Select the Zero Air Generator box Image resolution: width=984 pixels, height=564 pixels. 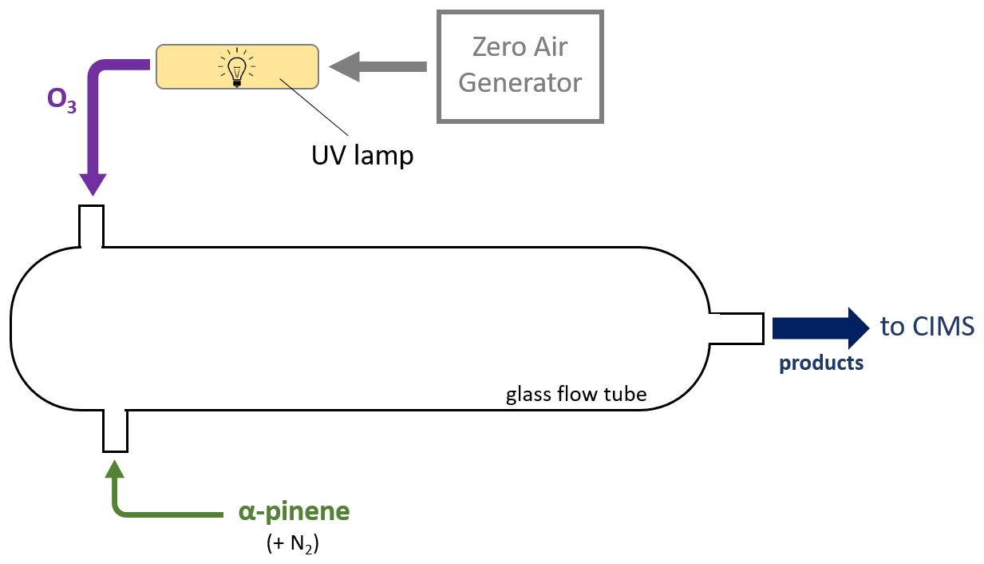pos(520,66)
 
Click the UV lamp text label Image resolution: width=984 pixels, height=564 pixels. pos(362,154)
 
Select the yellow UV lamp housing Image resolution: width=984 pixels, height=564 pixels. pos(192,67)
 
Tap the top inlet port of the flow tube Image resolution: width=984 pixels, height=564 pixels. pos(91,226)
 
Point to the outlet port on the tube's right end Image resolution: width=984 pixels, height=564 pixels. pos(737,328)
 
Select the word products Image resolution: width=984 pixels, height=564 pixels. pos(821,363)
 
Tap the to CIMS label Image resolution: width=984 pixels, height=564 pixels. pos(927,327)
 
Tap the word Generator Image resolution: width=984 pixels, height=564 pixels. pos(520,83)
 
